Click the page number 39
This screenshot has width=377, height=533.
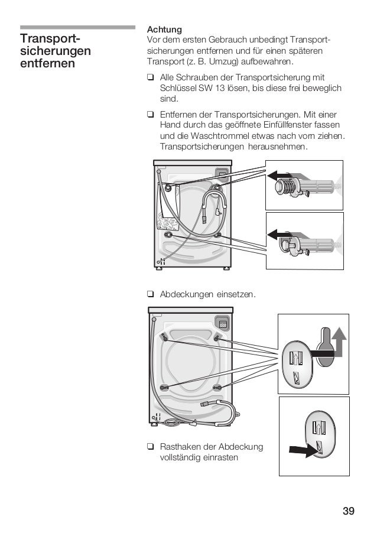click(348, 511)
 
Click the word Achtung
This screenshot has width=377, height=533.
click(164, 29)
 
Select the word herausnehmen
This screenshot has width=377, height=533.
click(277, 147)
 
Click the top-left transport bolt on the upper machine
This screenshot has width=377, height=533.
click(170, 188)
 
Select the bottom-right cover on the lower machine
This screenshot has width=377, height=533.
click(217, 387)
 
